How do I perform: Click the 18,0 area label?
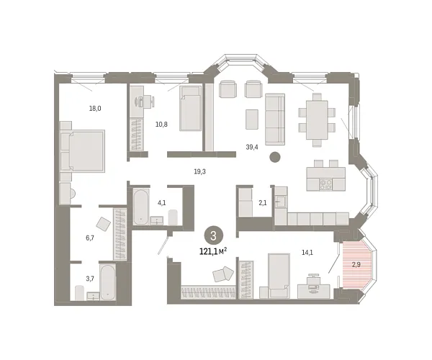(x=94, y=108)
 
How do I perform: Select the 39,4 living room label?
(x=251, y=147)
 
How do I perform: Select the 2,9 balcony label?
(x=355, y=264)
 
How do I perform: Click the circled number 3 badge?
(x=212, y=235)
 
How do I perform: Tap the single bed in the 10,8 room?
(x=190, y=109)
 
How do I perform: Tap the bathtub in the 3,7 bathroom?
(x=107, y=282)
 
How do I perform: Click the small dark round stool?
(x=274, y=158)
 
